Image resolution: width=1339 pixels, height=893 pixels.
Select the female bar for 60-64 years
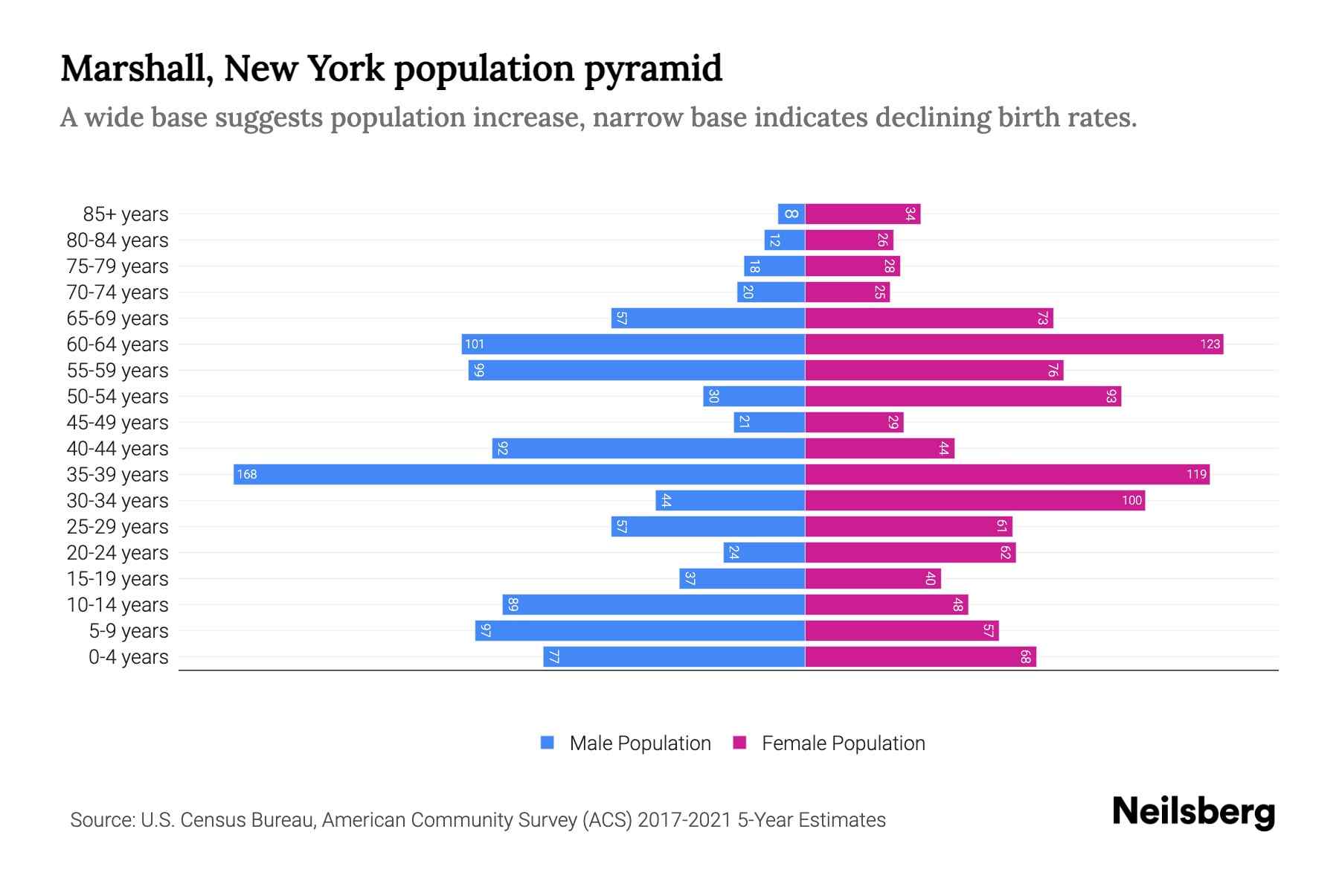pyautogui.click(x=1014, y=344)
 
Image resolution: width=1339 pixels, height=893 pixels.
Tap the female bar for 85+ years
pyautogui.click(x=863, y=214)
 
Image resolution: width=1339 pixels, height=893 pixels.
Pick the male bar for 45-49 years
pyautogui.click(x=769, y=422)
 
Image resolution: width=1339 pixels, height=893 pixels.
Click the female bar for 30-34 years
pyautogui.click(x=974, y=500)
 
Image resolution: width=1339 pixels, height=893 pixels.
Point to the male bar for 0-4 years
pyautogui.click(x=674, y=656)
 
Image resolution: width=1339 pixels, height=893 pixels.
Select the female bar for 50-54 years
pyautogui.click(x=963, y=396)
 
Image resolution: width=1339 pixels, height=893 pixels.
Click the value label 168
pyautogui.click(x=247, y=474)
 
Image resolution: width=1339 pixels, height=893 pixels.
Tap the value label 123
pyautogui.click(x=1210, y=344)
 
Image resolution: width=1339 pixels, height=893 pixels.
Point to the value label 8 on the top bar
pyautogui.click(x=791, y=214)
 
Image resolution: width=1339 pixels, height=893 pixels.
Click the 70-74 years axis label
pyautogui.click(x=118, y=292)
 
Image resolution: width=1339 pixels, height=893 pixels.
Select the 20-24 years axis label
pyautogui.click(x=118, y=552)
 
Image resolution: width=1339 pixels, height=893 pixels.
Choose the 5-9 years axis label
pyautogui.click(x=128, y=630)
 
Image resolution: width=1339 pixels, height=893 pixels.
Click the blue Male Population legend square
pyautogui.click(x=548, y=743)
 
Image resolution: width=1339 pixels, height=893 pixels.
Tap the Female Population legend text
pyautogui.click(x=843, y=743)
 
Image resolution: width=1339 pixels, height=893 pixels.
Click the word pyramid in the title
pyautogui.click(x=652, y=68)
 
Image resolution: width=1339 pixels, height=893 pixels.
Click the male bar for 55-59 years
pyautogui.click(x=637, y=370)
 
